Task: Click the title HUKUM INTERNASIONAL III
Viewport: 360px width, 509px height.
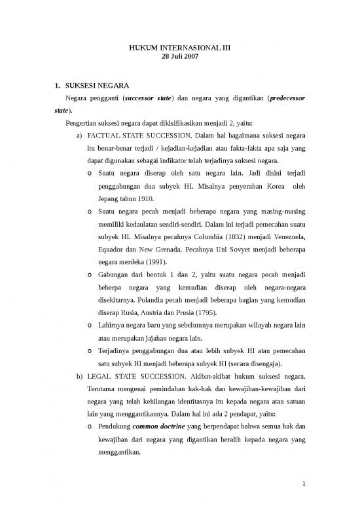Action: click(179, 47)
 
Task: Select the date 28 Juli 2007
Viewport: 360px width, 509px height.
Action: click(179, 57)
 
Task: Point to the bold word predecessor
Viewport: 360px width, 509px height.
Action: click(282, 98)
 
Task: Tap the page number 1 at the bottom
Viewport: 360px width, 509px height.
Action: click(304, 485)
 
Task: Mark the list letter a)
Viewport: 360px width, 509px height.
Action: click(81, 136)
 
